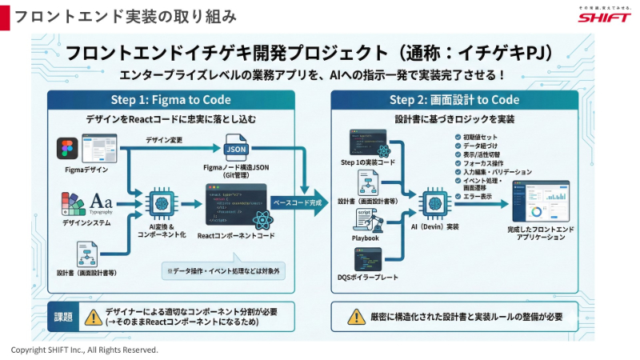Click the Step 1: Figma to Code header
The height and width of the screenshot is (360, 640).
[x=170, y=100]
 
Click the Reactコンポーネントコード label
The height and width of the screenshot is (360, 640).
[x=236, y=236]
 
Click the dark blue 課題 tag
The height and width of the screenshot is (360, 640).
[x=64, y=317]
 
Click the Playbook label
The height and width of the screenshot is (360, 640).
[x=365, y=238]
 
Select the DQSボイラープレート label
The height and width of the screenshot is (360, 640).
[x=365, y=277]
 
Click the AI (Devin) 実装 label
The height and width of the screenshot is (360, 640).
[x=434, y=227]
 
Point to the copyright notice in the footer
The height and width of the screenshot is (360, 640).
[x=84, y=350]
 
